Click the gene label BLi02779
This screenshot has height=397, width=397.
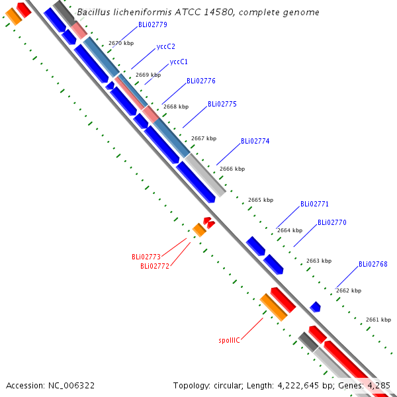153,24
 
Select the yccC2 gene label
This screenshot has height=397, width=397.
166,46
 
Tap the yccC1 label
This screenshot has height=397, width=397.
179,62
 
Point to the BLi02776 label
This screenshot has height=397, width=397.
201,81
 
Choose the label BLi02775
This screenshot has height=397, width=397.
222,104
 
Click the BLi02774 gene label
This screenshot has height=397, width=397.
255,141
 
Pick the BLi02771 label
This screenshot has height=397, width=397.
314,204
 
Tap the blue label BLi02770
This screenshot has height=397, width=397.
332,222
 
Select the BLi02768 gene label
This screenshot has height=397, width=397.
373,264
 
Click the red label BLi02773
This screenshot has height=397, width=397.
146,257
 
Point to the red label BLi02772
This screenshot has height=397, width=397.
155,267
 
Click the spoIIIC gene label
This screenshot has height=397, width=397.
229,340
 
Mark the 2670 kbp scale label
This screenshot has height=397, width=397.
121,43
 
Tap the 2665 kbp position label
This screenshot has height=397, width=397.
261,200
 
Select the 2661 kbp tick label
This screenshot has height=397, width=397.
378,320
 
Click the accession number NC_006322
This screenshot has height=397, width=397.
71,386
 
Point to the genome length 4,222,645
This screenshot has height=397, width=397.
298,386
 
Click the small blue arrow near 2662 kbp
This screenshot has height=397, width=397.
315,307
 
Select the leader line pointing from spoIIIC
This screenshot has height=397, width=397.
252,329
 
